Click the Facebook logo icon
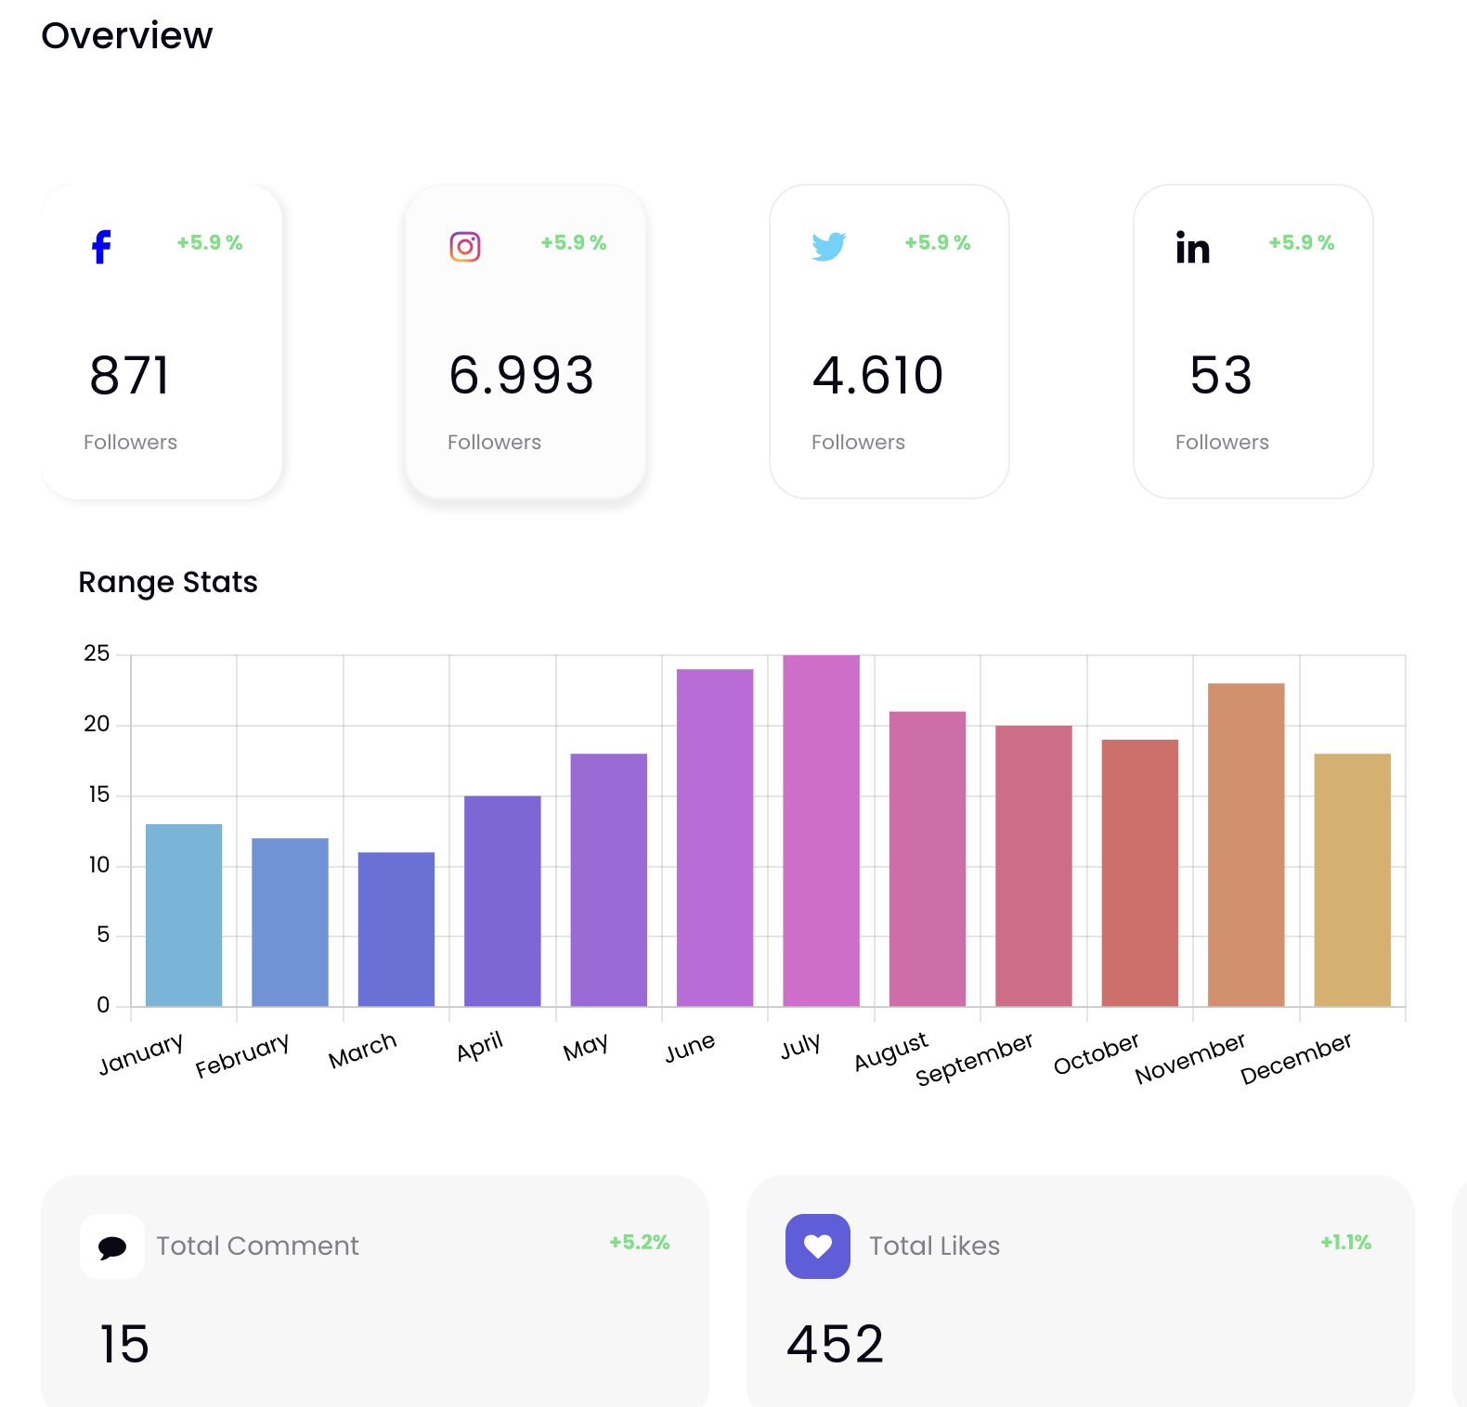point(101,247)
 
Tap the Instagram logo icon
point(465,247)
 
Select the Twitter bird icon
point(828,247)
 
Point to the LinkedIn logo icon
point(1193,248)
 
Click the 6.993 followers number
point(521,376)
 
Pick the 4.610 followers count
point(877,376)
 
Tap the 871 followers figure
point(130,376)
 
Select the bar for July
point(821,831)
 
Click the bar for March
point(396,929)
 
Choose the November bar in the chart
point(1246,845)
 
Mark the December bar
point(1352,880)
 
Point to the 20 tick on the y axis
point(97,724)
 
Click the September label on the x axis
point(974,1059)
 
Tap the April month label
point(480,1047)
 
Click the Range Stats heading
point(168,582)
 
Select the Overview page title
point(127,35)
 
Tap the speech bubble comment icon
point(112,1246)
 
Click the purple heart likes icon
point(818,1246)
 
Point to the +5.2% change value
point(640,1243)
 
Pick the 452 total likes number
point(836,1344)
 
